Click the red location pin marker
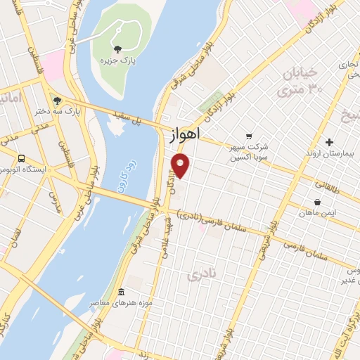181,165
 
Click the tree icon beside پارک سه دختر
57,100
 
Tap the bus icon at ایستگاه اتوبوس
22,158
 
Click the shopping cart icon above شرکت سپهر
248,136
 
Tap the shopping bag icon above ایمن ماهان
317,202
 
